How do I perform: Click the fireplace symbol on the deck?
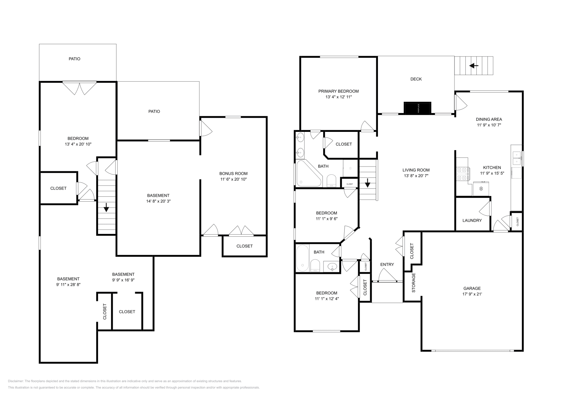[417, 108]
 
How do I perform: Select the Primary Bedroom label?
[338, 91]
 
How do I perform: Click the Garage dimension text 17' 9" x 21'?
[472, 294]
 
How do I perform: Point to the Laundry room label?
[472, 221]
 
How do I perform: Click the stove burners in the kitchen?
[463, 174]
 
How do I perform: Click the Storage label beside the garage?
[413, 283]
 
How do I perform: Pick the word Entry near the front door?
[387, 264]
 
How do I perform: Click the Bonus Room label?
[233, 173]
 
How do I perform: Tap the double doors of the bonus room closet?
[241, 231]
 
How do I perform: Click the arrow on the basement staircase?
[106, 208]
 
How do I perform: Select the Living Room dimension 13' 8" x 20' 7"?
[416, 176]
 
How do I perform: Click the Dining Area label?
[489, 119]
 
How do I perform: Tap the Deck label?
[416, 79]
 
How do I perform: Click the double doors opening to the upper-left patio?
[79, 88]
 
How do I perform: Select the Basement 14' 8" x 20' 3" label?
[158, 195]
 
